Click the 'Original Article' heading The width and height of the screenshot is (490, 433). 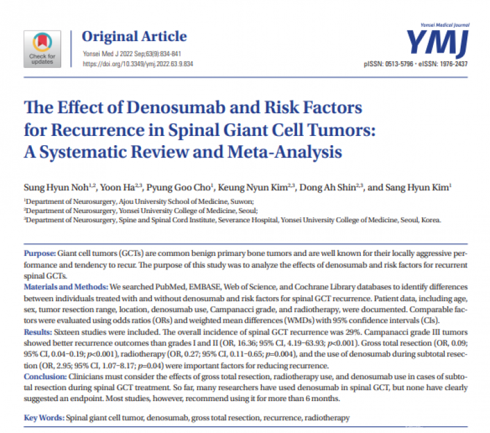coord(134,35)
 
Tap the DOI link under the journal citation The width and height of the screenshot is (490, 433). coord(140,63)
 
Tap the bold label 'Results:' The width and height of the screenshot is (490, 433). coord(37,329)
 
